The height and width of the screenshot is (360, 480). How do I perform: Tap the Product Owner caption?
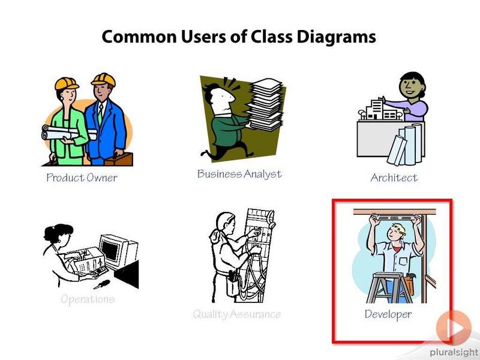tap(82, 178)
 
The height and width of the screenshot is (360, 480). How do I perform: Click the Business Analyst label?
tap(239, 174)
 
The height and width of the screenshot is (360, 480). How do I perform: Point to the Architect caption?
tap(394, 178)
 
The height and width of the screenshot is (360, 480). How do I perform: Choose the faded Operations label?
tap(88, 299)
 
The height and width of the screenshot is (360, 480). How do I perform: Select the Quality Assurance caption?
tap(237, 314)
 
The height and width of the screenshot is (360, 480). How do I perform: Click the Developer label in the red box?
tap(388, 314)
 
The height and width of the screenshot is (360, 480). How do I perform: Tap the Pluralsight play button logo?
tap(454, 328)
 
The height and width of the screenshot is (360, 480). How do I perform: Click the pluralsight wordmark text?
tap(454, 353)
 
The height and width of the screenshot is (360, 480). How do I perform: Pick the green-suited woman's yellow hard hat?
tap(67, 83)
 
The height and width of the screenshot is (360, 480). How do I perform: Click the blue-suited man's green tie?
tap(100, 113)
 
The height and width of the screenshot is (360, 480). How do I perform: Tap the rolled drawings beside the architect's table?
tap(406, 144)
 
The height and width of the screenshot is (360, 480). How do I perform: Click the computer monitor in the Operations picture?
tap(118, 251)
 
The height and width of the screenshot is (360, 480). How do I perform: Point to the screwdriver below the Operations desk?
tap(101, 284)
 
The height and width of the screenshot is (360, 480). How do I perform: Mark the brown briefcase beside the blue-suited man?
tap(119, 158)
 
